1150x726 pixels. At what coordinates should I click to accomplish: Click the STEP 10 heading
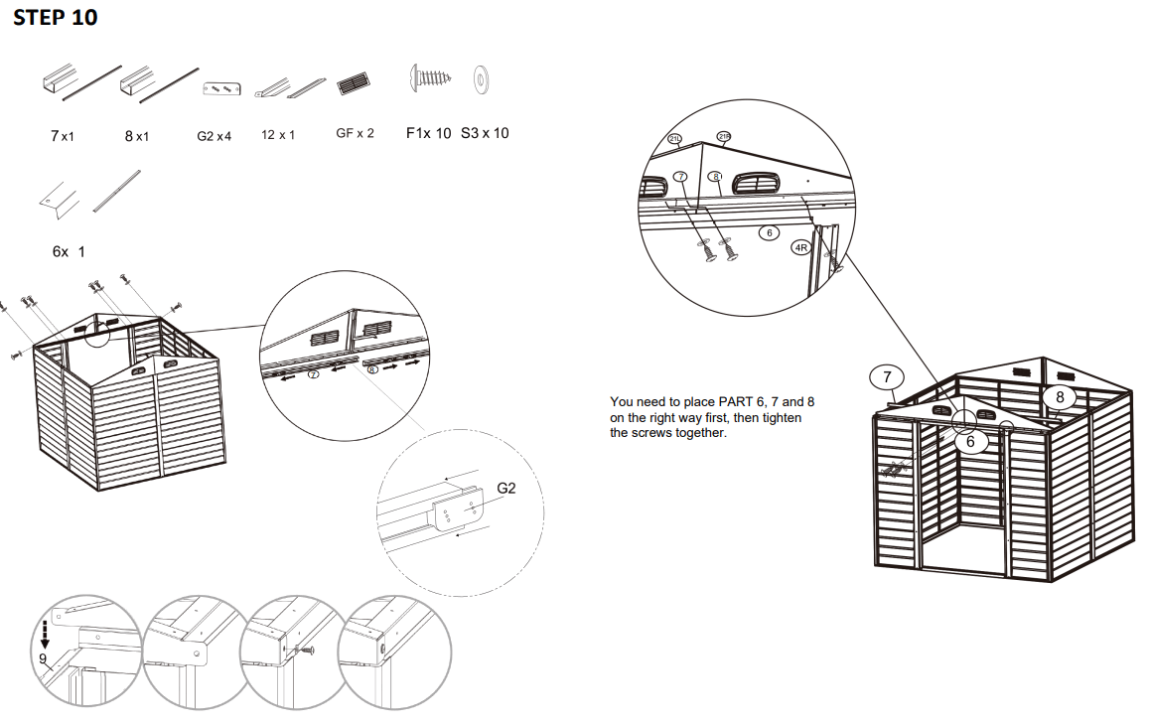click(x=55, y=18)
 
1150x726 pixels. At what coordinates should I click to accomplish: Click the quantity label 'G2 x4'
click(x=214, y=135)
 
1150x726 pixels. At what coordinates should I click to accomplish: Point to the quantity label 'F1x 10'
click(x=428, y=133)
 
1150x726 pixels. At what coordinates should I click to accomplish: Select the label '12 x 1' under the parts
click(x=278, y=134)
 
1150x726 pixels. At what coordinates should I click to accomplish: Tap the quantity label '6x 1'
click(x=69, y=252)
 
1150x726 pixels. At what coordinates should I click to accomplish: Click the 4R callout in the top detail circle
click(x=801, y=247)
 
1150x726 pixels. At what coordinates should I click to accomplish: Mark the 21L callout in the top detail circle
click(x=676, y=138)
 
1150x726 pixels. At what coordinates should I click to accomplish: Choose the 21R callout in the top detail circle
click(x=724, y=136)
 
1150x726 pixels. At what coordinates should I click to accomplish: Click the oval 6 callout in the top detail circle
click(x=768, y=232)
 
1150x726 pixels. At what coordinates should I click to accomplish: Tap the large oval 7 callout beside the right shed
click(x=887, y=377)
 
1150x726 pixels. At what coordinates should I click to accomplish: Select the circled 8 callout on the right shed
click(x=1060, y=397)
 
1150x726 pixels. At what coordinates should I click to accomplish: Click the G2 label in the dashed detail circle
click(x=505, y=489)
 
